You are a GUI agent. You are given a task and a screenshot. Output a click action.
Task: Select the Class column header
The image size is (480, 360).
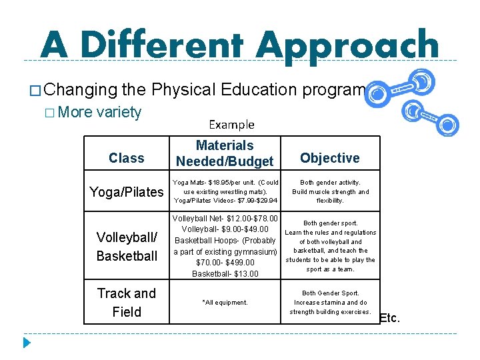pos(127,158)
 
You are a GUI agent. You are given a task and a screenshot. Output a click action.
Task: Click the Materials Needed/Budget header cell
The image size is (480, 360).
pos(225,153)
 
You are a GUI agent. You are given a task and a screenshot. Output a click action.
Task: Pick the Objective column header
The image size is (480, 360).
pos(329,158)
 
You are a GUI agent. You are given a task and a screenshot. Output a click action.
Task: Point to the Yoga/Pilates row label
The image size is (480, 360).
pos(127,192)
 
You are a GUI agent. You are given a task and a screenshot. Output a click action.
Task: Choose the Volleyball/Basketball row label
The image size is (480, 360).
pos(127,246)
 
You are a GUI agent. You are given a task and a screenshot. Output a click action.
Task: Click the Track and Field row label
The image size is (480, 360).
pos(127,302)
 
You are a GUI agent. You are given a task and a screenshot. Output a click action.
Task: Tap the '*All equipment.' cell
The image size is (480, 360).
pos(225,303)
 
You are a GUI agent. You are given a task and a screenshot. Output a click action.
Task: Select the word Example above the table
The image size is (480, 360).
pos(231,125)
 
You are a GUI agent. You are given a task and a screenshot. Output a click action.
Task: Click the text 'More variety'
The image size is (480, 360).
pos(99,112)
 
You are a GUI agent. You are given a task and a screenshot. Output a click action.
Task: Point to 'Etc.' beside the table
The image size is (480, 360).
pos(390,318)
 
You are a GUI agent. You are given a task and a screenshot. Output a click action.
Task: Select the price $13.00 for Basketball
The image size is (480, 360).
pos(243,273)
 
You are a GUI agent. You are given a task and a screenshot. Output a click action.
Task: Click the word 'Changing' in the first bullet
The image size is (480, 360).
pos(79,89)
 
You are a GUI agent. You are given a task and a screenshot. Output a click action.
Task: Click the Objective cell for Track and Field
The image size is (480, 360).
pos(329,302)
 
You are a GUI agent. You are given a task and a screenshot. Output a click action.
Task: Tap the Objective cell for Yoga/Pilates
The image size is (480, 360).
pos(329,191)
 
